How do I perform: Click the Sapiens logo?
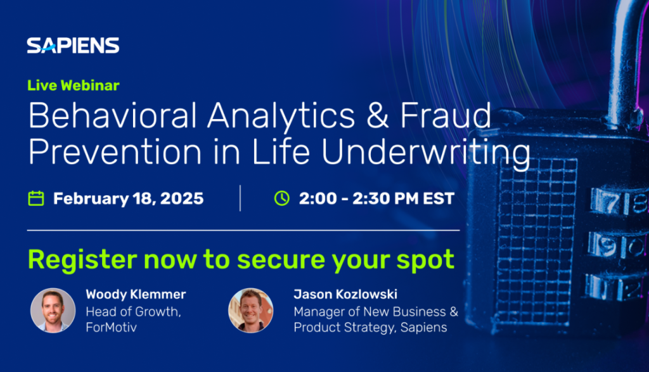pyautogui.click(x=74, y=46)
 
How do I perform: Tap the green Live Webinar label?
pyautogui.click(x=74, y=86)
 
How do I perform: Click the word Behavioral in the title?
pyautogui.click(x=112, y=115)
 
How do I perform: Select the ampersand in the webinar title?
pyautogui.click(x=378, y=116)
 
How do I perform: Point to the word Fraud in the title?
pyautogui.click(x=446, y=115)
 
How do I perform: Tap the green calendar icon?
pyautogui.click(x=36, y=198)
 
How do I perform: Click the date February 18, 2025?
pyautogui.click(x=128, y=198)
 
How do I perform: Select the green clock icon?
pyautogui.click(x=282, y=198)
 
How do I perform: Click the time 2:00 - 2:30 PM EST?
pyautogui.click(x=376, y=198)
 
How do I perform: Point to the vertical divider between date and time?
pyautogui.click(x=240, y=198)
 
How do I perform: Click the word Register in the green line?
pyautogui.click(x=82, y=260)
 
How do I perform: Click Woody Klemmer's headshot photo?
pyautogui.click(x=53, y=311)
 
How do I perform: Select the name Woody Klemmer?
pyautogui.click(x=136, y=294)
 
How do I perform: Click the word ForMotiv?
pyautogui.click(x=111, y=327)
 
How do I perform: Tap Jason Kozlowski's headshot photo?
pyautogui.click(x=251, y=311)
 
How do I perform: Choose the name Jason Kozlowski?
pyautogui.click(x=345, y=294)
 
